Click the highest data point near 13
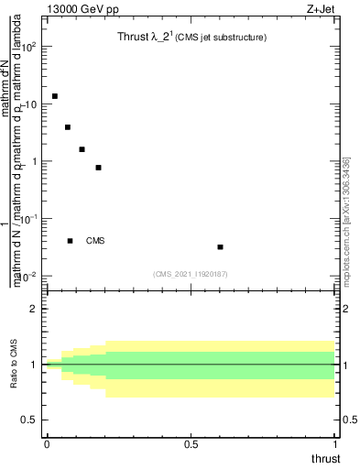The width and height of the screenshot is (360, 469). (55, 96)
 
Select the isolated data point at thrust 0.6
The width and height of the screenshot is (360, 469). (221, 246)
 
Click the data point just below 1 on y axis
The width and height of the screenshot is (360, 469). (98, 168)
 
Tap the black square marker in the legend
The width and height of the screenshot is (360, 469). (70, 241)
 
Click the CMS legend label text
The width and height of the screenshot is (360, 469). (95, 241)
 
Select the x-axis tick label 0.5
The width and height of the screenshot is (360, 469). (191, 443)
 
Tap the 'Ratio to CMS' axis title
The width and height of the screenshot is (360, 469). (14, 365)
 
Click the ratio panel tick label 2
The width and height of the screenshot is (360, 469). (33, 310)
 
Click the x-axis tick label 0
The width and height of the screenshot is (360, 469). (46, 443)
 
